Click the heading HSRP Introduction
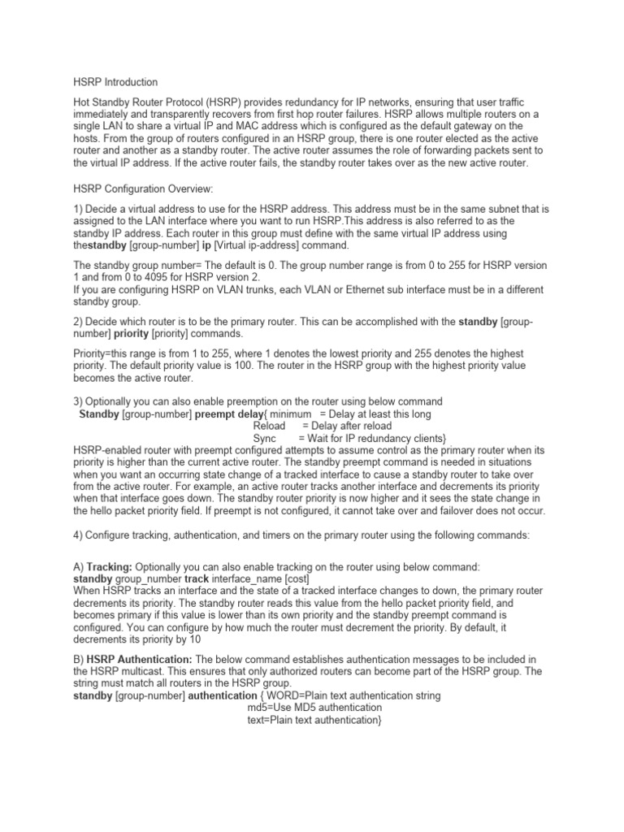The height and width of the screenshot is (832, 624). point(115,82)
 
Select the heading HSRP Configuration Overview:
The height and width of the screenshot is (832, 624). point(144,188)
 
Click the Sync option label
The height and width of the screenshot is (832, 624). point(266,439)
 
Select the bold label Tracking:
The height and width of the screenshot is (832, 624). point(110,565)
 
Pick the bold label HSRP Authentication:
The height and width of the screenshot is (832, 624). point(139,659)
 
